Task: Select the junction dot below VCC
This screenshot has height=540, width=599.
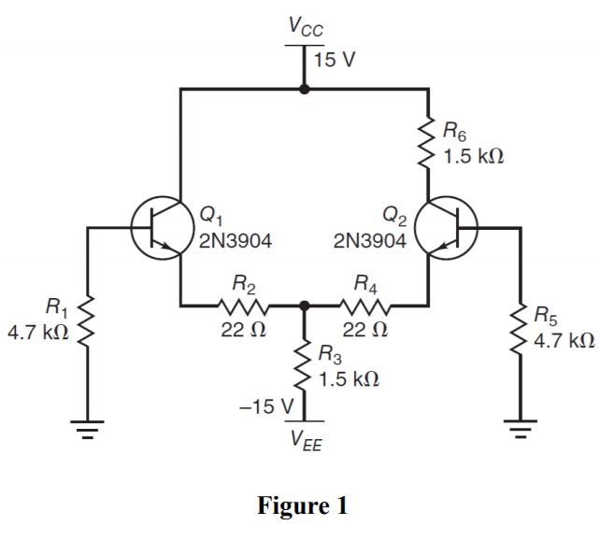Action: tap(304, 90)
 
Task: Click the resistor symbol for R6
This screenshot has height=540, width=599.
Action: tap(428, 140)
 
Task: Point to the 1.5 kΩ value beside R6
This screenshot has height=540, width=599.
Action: tap(474, 155)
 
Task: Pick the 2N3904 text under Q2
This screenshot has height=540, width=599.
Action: tap(371, 242)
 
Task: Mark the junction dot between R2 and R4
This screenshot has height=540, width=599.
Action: tap(304, 306)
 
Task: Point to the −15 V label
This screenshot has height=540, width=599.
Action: tap(267, 407)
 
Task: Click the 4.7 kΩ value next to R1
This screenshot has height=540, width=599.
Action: tap(37, 334)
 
